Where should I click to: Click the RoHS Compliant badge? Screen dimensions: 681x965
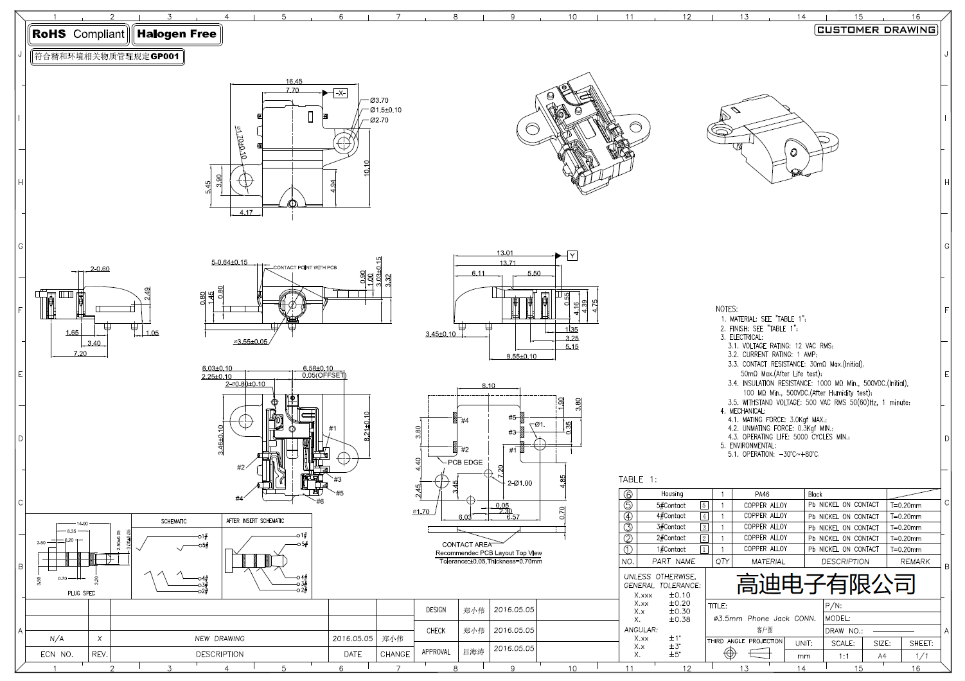coord(78,35)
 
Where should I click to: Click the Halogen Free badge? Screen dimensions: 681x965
coord(177,35)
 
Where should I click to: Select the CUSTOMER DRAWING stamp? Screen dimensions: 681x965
coord(876,30)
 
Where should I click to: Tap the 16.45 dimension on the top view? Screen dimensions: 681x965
coord(294,82)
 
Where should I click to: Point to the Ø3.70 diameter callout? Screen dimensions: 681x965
coord(379,100)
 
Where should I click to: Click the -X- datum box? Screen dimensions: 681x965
coord(341,93)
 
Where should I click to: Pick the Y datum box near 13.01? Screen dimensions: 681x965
coord(572,256)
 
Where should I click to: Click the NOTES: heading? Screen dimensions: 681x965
coord(726,309)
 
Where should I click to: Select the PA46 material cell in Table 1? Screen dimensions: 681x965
coord(761,494)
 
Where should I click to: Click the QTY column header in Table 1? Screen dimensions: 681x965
coord(722,562)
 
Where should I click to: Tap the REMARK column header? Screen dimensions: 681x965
coord(914,562)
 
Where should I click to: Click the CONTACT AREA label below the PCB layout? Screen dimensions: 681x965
coord(466,545)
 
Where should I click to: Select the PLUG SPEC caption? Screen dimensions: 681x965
coord(81,594)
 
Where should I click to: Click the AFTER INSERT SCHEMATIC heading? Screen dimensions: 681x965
coord(254,521)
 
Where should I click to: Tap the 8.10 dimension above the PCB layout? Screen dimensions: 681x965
coord(488,386)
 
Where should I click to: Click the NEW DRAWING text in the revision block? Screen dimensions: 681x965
coord(220,639)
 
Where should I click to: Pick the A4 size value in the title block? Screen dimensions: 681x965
coord(881,656)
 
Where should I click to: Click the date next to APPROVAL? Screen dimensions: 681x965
coord(513,649)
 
